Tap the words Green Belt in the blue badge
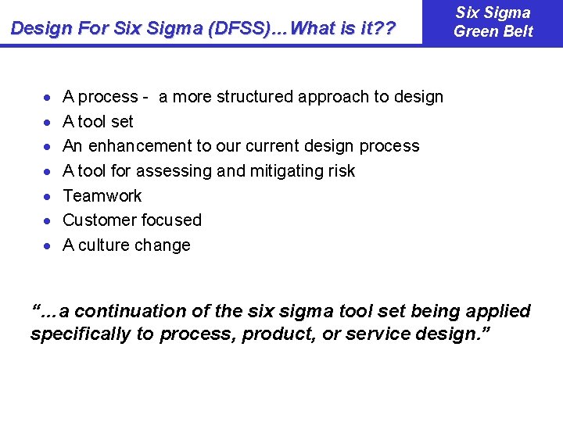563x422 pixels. point(493,32)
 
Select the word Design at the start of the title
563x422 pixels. point(41,29)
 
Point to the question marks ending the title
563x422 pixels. point(386,29)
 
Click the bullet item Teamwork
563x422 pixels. point(102,195)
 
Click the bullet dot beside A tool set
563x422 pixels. point(48,123)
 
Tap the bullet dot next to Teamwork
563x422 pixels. point(48,196)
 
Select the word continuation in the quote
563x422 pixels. point(130,311)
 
